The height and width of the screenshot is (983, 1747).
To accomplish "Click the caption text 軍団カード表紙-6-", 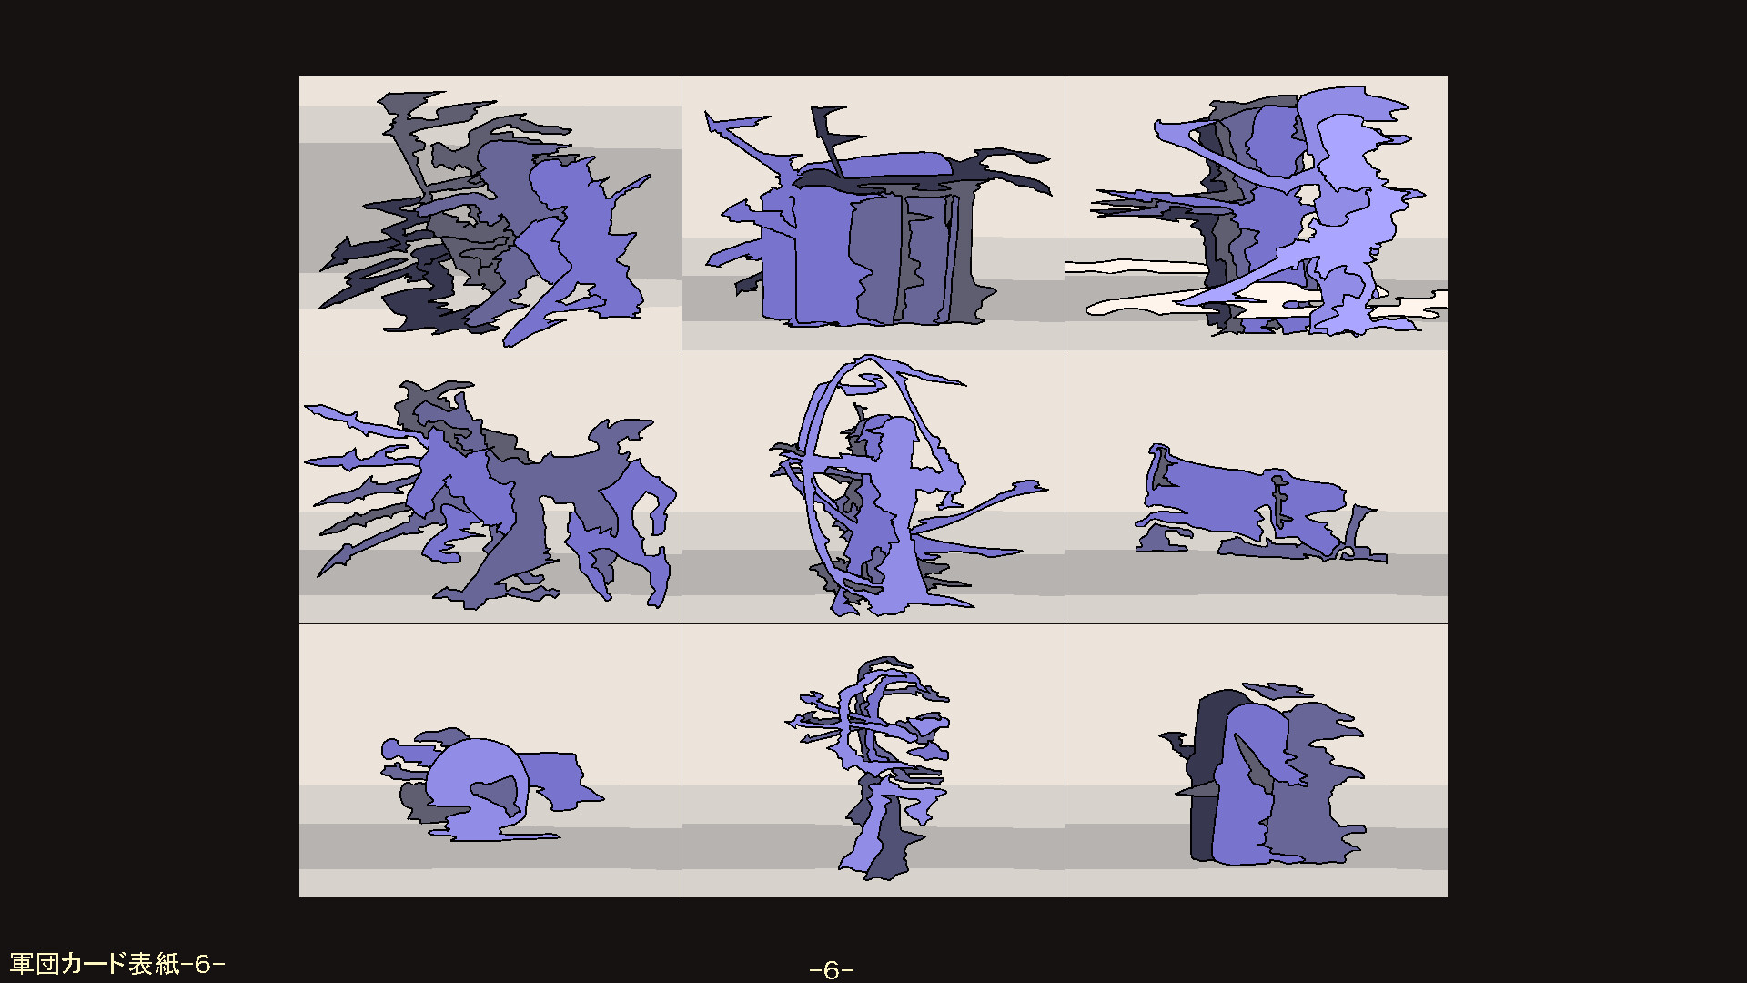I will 116,964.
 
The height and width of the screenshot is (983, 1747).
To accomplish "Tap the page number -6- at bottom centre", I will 831,970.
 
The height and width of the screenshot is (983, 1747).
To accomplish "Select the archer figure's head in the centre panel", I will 898,434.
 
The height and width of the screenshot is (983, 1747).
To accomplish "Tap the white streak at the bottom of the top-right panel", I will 1137,268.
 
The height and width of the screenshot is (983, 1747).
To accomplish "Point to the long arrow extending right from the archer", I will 992,505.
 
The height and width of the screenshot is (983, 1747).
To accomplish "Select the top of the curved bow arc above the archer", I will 869,361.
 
